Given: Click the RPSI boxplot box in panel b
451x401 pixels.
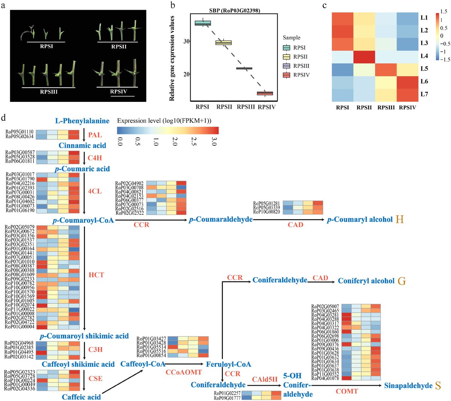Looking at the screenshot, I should pos(203,23).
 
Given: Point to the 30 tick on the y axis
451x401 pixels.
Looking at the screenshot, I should pos(186,41).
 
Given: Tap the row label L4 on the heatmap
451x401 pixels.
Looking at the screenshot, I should pos(424,56).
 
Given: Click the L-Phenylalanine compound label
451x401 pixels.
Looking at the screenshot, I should pos(82,121).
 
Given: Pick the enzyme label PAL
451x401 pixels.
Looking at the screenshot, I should pos(95,135).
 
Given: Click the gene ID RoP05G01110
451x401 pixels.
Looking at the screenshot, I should pos(20,132).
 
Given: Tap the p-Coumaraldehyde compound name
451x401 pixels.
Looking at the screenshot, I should pos(221,219).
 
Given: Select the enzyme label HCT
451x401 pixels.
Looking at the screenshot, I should pos(96,275).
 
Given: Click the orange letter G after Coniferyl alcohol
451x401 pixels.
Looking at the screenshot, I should pos(401,281).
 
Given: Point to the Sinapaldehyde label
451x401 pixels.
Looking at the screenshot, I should pos(408,386).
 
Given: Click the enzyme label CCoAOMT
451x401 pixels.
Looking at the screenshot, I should pos(184,372).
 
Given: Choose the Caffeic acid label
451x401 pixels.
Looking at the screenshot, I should pos(81,396).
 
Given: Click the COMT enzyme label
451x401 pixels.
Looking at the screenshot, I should pos(347,391).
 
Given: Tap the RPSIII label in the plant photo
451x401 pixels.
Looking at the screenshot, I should pos(48,91).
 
